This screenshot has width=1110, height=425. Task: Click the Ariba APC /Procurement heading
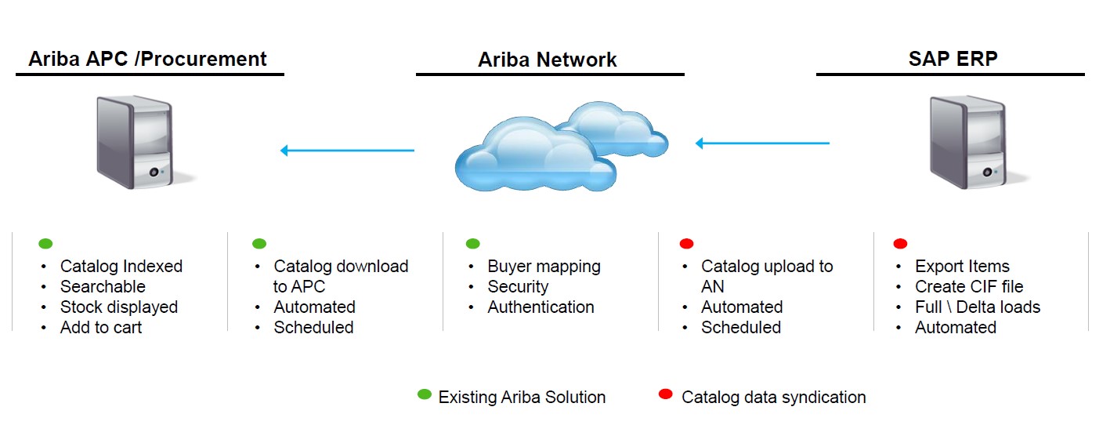point(147,59)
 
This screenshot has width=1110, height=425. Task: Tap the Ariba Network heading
point(548,60)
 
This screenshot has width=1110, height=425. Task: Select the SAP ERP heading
point(953,59)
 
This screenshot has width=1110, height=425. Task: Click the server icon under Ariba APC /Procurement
point(134,140)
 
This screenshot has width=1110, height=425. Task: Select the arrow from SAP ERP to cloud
point(762,143)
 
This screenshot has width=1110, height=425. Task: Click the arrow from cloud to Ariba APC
point(347,150)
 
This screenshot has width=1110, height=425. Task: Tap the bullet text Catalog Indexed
point(121,267)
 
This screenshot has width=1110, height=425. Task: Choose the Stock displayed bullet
point(118,307)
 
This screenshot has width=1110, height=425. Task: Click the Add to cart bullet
point(101,328)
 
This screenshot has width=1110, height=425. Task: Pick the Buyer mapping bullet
point(544,267)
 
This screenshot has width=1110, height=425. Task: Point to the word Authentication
point(541,307)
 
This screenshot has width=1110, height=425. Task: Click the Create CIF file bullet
point(969,287)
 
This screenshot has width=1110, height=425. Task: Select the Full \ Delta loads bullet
point(978,307)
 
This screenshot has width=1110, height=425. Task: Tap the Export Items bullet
point(962,267)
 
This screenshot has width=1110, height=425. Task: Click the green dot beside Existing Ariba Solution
point(425,394)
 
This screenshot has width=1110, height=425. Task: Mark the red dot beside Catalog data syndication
point(666,394)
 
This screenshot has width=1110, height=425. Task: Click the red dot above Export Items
point(900,244)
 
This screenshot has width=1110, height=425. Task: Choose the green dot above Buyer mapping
point(472,244)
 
